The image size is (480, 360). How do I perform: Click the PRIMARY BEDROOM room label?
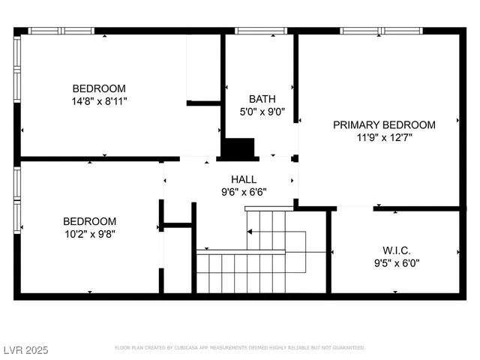(384, 124)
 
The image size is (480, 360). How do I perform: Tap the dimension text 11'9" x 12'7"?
(384, 137)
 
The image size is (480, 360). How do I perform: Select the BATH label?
(262, 99)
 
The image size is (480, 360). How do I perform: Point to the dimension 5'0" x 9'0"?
(262, 112)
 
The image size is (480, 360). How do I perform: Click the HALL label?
(244, 179)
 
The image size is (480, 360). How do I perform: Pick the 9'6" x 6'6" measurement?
(244, 191)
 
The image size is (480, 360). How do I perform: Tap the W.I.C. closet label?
(397, 250)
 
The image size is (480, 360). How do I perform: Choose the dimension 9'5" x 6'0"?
(397, 262)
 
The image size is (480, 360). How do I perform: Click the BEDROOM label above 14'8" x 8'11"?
(99, 88)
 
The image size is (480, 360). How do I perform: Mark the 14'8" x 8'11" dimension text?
(99, 100)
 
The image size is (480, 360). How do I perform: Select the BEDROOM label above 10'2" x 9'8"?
(89, 221)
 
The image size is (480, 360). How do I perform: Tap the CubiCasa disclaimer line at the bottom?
(239, 348)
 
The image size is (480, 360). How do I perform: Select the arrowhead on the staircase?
(250, 232)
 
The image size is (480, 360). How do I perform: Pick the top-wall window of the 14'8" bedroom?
(61, 31)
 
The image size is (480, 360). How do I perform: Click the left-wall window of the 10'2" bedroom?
(17, 199)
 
